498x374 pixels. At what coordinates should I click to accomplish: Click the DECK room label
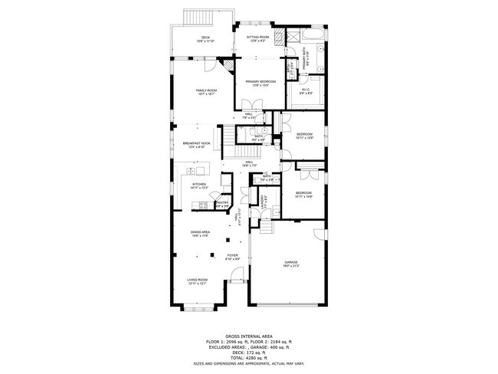click(205, 38)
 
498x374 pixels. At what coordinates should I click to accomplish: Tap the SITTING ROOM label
click(257, 38)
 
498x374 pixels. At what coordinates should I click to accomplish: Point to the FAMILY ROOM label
click(205, 91)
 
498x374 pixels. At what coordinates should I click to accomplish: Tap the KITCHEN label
click(199, 185)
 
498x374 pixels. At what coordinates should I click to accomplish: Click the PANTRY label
click(222, 203)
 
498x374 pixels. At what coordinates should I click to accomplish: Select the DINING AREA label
click(200, 234)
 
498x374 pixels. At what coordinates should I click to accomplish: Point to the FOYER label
click(232, 256)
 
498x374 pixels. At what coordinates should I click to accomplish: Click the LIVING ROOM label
click(198, 280)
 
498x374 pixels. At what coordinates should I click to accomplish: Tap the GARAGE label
click(291, 262)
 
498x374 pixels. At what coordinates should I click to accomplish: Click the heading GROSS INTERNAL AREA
click(249, 336)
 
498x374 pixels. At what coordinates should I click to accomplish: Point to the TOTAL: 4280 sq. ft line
click(249, 358)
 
